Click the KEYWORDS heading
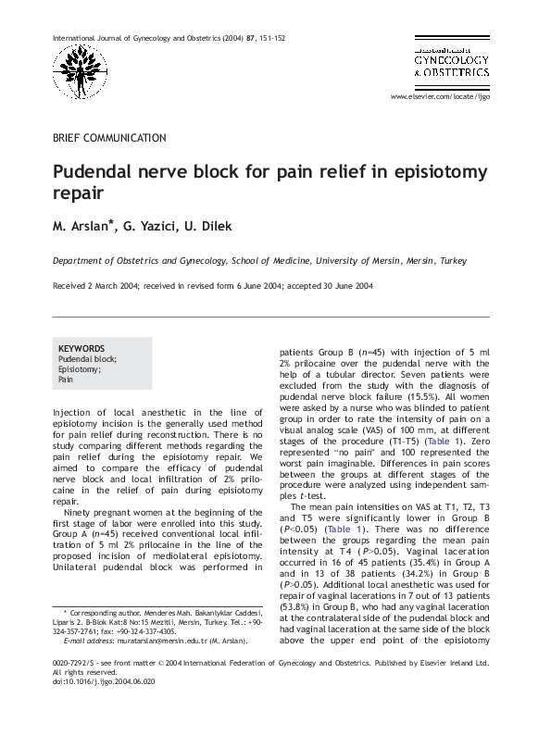81,348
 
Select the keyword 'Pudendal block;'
87,358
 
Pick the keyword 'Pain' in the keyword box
66,380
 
